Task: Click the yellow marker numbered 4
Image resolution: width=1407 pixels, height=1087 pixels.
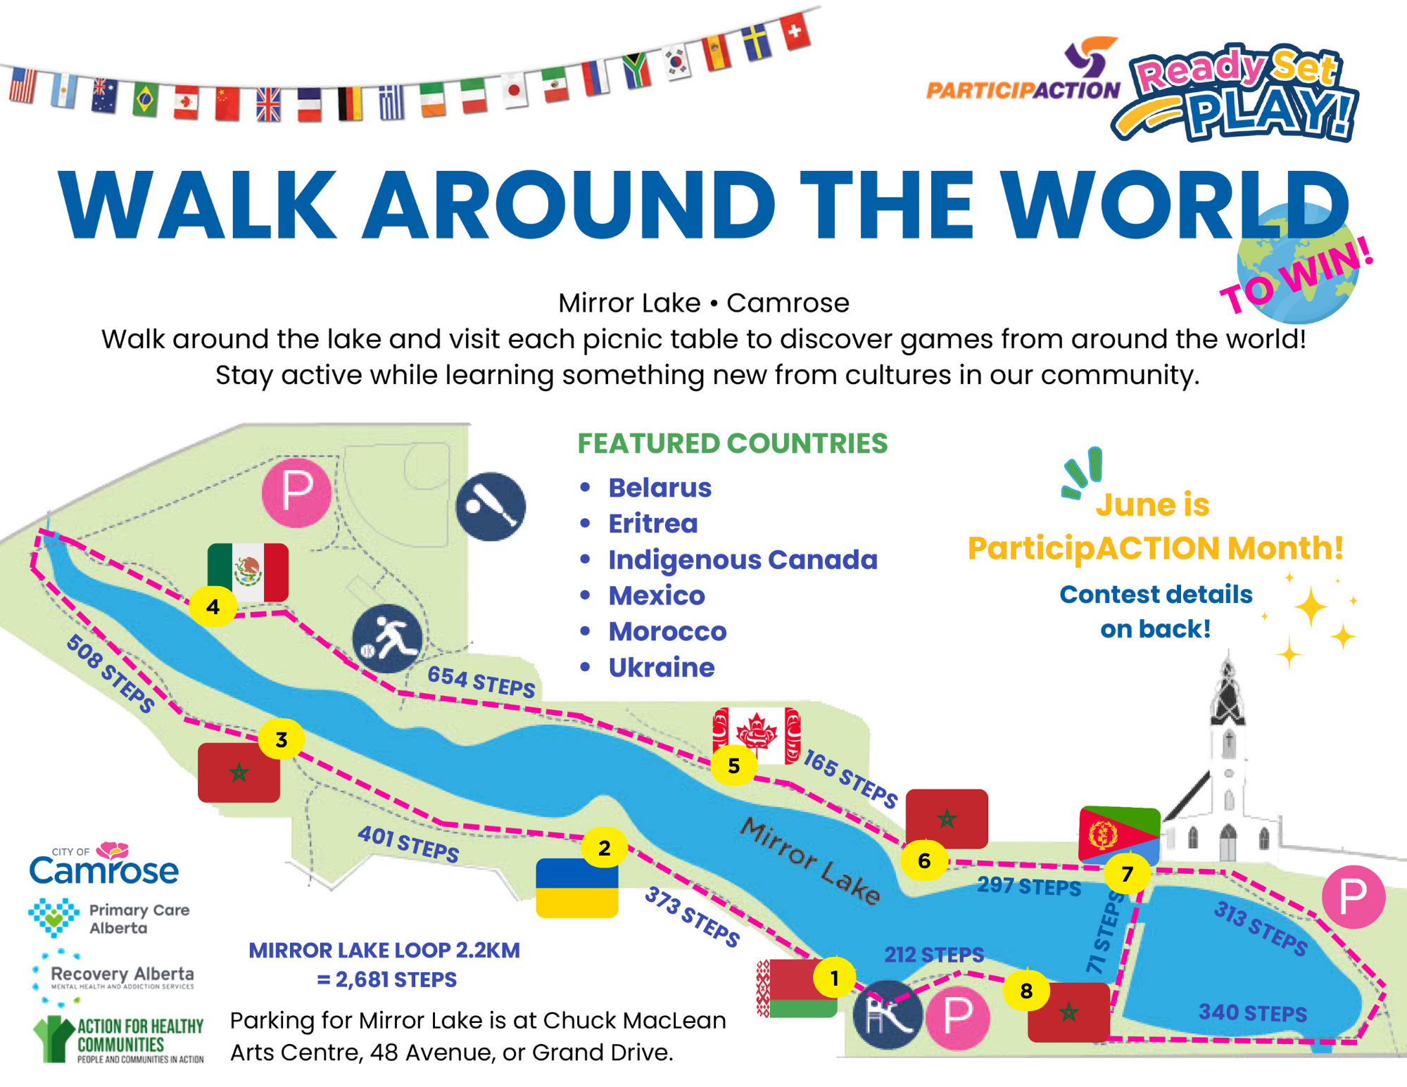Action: pyautogui.click(x=213, y=606)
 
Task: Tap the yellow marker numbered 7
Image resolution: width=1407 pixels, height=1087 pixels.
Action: pyautogui.click(x=1127, y=873)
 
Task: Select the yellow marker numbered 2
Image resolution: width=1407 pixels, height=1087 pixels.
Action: pyautogui.click(x=605, y=848)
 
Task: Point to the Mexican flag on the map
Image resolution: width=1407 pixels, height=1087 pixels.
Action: pyautogui.click(x=248, y=572)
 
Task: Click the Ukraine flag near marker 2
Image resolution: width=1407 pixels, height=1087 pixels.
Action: pyautogui.click(x=576, y=888)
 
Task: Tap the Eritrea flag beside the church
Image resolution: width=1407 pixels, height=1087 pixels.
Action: pyautogui.click(x=1119, y=834)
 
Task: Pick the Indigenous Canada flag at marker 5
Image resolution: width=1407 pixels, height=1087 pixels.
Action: pyautogui.click(x=757, y=735)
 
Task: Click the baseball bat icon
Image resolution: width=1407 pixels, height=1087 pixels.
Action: pyautogui.click(x=491, y=507)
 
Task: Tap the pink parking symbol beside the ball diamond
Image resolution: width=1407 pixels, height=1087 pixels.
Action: pyautogui.click(x=296, y=492)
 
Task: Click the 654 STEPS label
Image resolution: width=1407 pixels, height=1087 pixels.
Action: pyautogui.click(x=481, y=681)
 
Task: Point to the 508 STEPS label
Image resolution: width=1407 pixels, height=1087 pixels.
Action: pyautogui.click(x=111, y=673)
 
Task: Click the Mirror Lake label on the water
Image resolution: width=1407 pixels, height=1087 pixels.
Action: pyautogui.click(x=810, y=860)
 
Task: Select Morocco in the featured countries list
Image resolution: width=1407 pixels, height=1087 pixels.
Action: pyautogui.click(x=667, y=631)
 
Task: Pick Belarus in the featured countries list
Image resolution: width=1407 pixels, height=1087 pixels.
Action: pyautogui.click(x=660, y=488)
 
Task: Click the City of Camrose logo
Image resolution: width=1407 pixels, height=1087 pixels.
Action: pyautogui.click(x=104, y=863)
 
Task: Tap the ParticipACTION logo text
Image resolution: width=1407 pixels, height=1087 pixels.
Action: pyautogui.click(x=1023, y=90)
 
